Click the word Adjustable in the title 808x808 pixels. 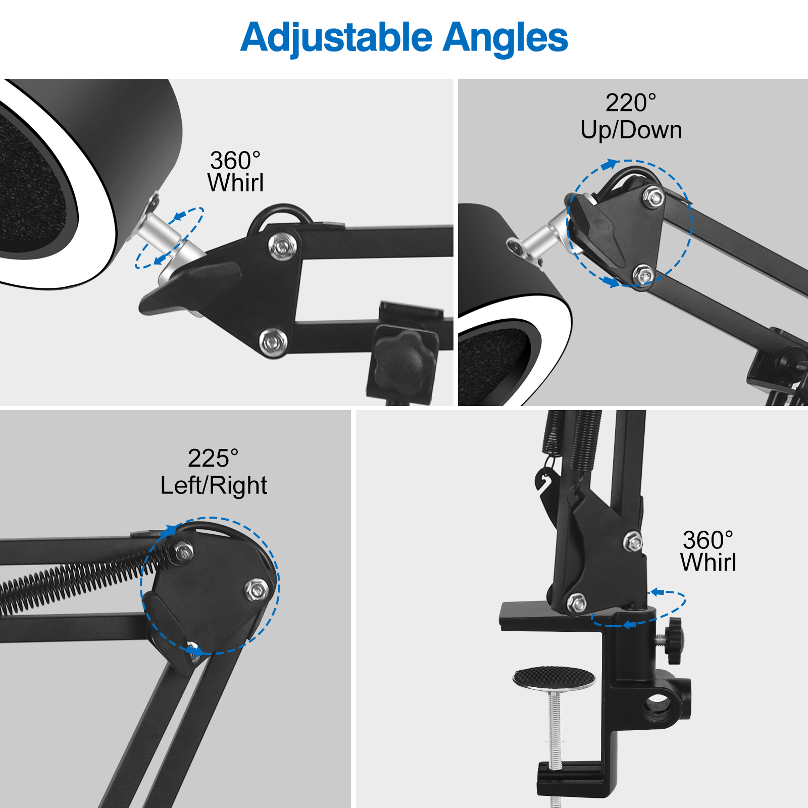(337, 38)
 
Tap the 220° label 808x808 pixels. (631, 103)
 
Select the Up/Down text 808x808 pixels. (631, 130)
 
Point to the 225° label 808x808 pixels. (213, 459)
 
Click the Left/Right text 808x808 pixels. (214, 486)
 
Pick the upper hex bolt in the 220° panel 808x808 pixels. (654, 197)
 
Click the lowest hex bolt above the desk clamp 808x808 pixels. (576, 602)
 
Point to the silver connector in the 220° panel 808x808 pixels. (538, 241)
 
